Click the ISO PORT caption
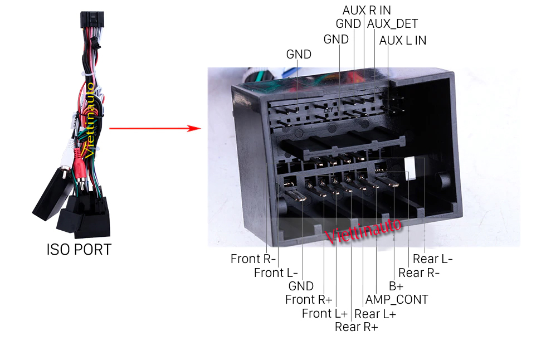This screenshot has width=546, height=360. point(79,249)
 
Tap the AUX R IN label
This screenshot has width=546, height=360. point(367,10)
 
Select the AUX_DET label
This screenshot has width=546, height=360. point(392,24)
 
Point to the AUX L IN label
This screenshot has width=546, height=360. point(403,40)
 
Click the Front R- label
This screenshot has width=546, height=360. point(253,259)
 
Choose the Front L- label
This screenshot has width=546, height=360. point(276,273)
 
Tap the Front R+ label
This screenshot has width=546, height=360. point(308,300)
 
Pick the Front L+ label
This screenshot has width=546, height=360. point(324,313)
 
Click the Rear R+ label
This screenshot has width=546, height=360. point(356,327)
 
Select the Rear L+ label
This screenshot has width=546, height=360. point(375,314)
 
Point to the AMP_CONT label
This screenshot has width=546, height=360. point(397,300)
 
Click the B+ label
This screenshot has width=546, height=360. point(396,286)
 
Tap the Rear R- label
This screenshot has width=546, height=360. point(419,273)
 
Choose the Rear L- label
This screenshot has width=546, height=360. point(432,259)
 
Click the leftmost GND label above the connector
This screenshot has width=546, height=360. point(299,54)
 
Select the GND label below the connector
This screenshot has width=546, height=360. point(301,286)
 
